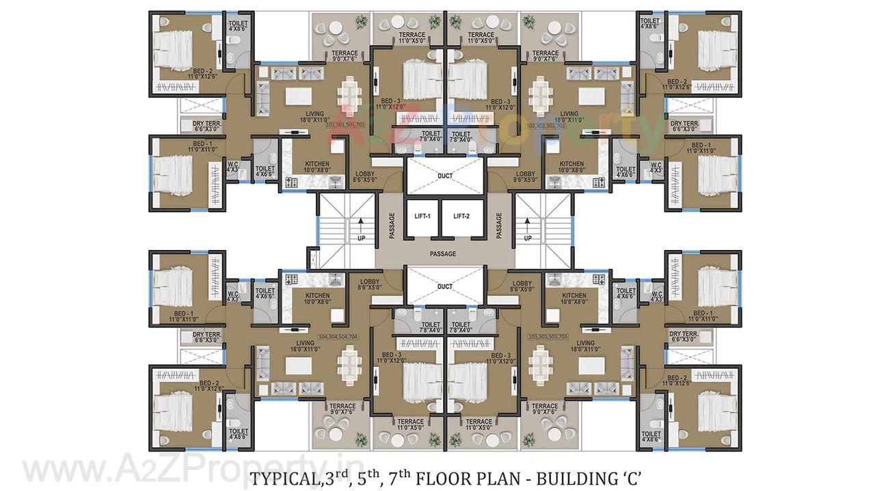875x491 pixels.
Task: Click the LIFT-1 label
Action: (x=422, y=216)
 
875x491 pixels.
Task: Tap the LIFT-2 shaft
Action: (x=461, y=217)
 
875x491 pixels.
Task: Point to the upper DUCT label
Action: (x=445, y=176)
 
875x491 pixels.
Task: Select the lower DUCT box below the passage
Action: (x=445, y=286)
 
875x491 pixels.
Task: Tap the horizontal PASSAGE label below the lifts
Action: (x=443, y=254)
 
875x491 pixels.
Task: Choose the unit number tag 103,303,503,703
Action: (x=548, y=336)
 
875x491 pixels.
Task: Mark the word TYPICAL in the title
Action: (x=282, y=478)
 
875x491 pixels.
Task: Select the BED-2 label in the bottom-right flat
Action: (x=677, y=380)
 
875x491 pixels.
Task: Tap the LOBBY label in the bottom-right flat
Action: (x=522, y=285)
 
